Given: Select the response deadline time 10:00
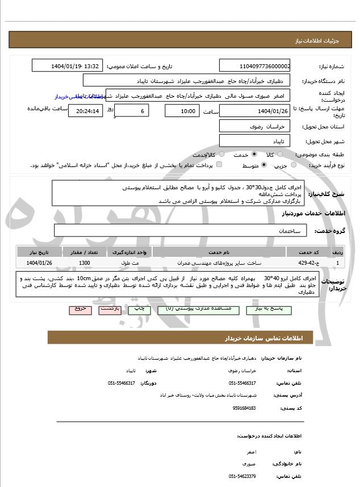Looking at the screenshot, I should [182, 111].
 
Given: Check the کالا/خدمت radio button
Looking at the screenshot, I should [221, 154].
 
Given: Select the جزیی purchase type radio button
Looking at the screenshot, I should [294, 165].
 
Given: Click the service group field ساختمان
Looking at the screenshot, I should [182, 231].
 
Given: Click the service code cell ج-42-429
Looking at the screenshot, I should [308, 263].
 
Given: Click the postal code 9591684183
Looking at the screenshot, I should [244, 408].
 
